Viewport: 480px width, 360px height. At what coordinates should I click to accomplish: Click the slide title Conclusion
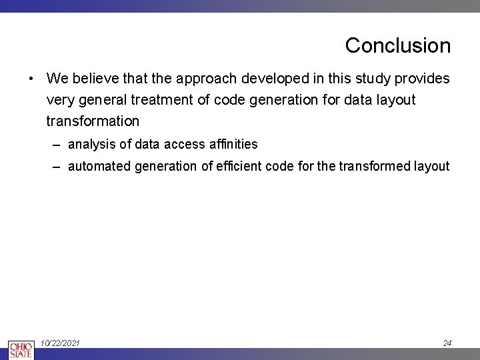click(x=397, y=45)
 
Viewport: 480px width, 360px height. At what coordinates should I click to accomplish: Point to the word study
click(x=374, y=79)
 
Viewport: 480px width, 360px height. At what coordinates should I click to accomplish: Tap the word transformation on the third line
click(x=93, y=121)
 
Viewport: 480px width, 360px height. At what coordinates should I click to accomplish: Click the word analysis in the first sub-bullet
click(x=89, y=144)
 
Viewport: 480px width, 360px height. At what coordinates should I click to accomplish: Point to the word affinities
click(x=233, y=144)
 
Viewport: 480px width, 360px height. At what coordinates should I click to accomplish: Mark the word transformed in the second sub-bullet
click(x=372, y=167)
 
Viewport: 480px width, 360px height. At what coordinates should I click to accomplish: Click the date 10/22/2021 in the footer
click(x=60, y=343)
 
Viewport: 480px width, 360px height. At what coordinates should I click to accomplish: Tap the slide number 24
click(x=447, y=343)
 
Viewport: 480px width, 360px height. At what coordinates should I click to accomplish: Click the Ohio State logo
click(x=20, y=349)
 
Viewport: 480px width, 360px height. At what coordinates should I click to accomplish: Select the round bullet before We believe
click(x=31, y=79)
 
